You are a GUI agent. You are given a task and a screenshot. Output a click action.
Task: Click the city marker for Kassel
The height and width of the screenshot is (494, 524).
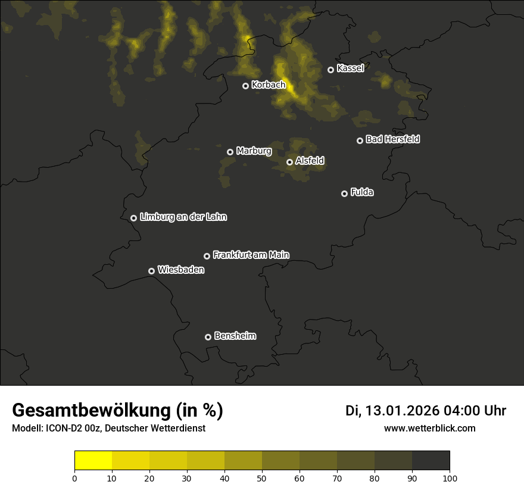pyautogui.click(x=330, y=70)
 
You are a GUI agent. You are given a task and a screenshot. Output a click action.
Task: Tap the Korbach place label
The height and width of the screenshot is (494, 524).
pyautogui.click(x=269, y=85)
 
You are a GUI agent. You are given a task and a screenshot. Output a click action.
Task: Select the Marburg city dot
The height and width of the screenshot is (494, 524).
pyautogui.click(x=230, y=152)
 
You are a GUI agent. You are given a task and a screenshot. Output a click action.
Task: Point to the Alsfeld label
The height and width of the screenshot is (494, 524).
pyautogui.click(x=310, y=161)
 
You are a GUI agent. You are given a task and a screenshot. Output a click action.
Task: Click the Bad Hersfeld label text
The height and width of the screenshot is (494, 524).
pyautogui.click(x=392, y=139)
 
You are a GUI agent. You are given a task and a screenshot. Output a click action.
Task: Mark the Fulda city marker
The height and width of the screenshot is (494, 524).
pyautogui.click(x=344, y=193)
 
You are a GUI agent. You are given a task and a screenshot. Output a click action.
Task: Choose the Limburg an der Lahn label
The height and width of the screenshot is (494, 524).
pyautogui.click(x=183, y=217)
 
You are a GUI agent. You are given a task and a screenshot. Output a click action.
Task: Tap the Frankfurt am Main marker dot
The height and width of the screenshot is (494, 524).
pyautogui.click(x=207, y=256)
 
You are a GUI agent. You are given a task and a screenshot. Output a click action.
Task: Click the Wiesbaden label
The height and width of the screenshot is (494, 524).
pyautogui.click(x=180, y=270)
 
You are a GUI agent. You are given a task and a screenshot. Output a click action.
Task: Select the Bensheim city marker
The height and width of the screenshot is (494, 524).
pyautogui.click(x=208, y=337)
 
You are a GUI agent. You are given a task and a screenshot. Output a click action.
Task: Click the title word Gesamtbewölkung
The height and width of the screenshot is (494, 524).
pyautogui.click(x=89, y=411)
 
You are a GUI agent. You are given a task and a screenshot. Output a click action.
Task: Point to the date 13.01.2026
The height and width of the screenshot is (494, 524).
pyautogui.click(x=402, y=411)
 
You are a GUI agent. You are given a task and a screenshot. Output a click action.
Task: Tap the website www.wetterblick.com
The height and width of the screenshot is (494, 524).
pyautogui.click(x=429, y=428)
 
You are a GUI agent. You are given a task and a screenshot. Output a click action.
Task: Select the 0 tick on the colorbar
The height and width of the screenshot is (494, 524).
pyautogui.click(x=74, y=478)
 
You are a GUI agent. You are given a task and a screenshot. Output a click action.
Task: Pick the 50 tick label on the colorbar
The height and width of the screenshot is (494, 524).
pyautogui.click(x=262, y=478)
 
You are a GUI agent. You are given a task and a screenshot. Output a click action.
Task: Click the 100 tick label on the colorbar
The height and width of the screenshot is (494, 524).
pyautogui.click(x=450, y=478)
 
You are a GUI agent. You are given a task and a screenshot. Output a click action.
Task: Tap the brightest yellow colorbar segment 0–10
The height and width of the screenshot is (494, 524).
pyautogui.click(x=93, y=461)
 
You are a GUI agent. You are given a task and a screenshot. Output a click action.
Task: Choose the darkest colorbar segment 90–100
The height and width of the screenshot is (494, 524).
pyautogui.click(x=431, y=461)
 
